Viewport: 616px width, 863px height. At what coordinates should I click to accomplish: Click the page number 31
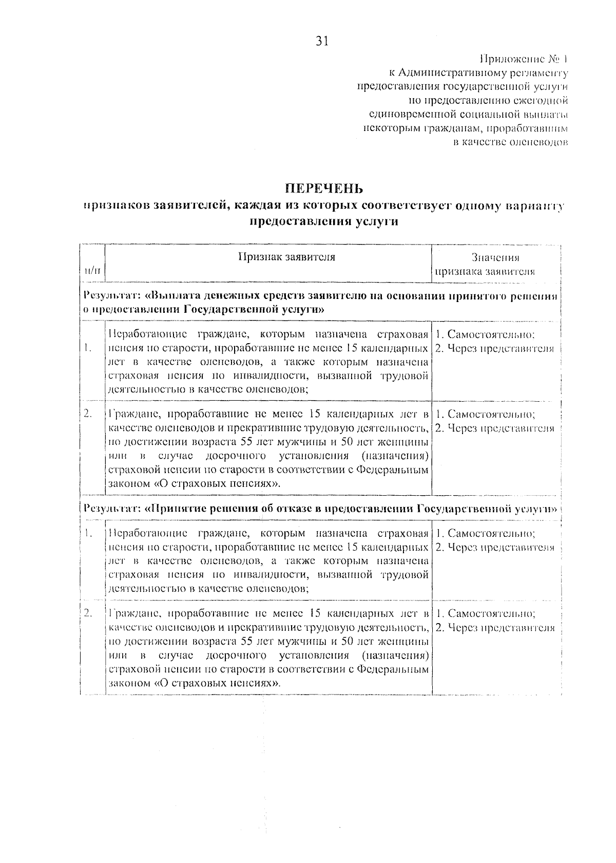tap(321, 42)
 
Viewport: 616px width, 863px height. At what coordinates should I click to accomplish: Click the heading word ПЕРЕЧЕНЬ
tap(324, 188)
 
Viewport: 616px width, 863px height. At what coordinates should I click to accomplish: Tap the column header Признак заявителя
tap(286, 257)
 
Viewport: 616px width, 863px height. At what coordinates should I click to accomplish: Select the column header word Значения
tap(495, 258)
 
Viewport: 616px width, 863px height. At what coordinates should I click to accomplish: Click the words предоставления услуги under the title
tap(324, 222)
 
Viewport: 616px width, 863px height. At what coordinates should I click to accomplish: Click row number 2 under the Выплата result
tap(88, 413)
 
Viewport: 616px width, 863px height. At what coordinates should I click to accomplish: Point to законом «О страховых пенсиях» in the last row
tap(195, 684)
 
